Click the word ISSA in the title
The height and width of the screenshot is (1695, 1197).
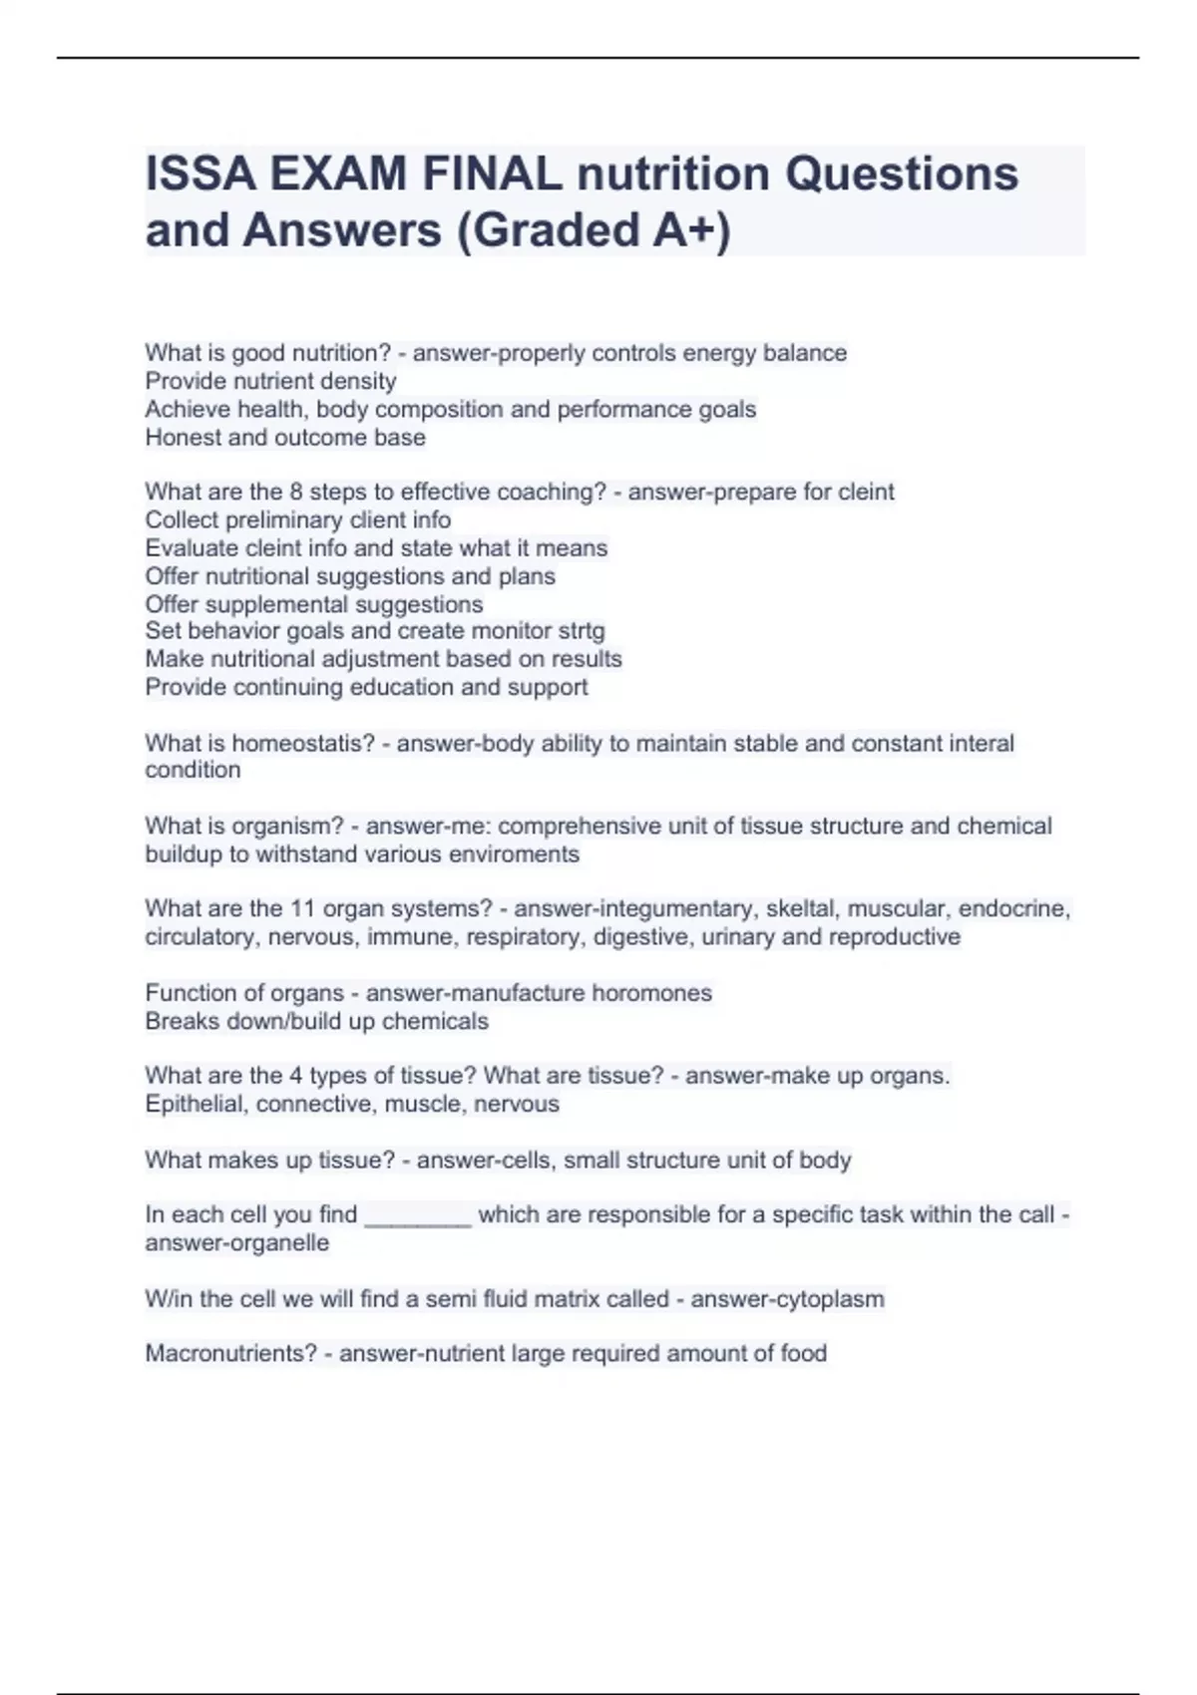pos(198,174)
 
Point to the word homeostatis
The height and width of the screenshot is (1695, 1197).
pos(303,743)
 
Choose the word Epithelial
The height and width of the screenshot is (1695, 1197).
pos(195,1104)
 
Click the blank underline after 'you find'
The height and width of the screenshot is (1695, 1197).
pos(418,1216)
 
